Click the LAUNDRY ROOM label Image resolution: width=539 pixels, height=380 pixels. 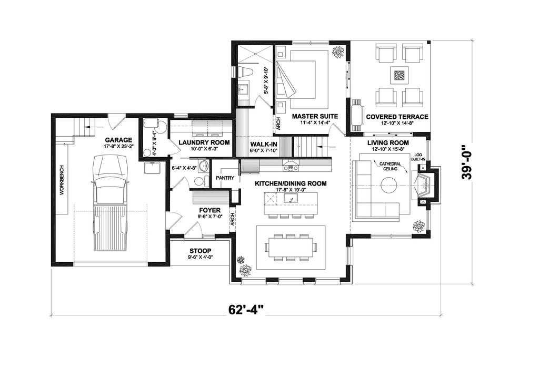click(x=204, y=142)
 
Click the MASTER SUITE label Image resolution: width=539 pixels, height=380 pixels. click(x=315, y=116)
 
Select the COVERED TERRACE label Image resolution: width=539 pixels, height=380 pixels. click(x=397, y=117)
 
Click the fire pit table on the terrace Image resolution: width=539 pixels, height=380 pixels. click(x=400, y=75)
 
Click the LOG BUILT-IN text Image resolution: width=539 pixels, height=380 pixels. click(x=418, y=157)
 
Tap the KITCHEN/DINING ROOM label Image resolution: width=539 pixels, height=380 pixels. click(x=291, y=183)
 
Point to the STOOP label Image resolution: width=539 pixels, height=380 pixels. click(x=201, y=251)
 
